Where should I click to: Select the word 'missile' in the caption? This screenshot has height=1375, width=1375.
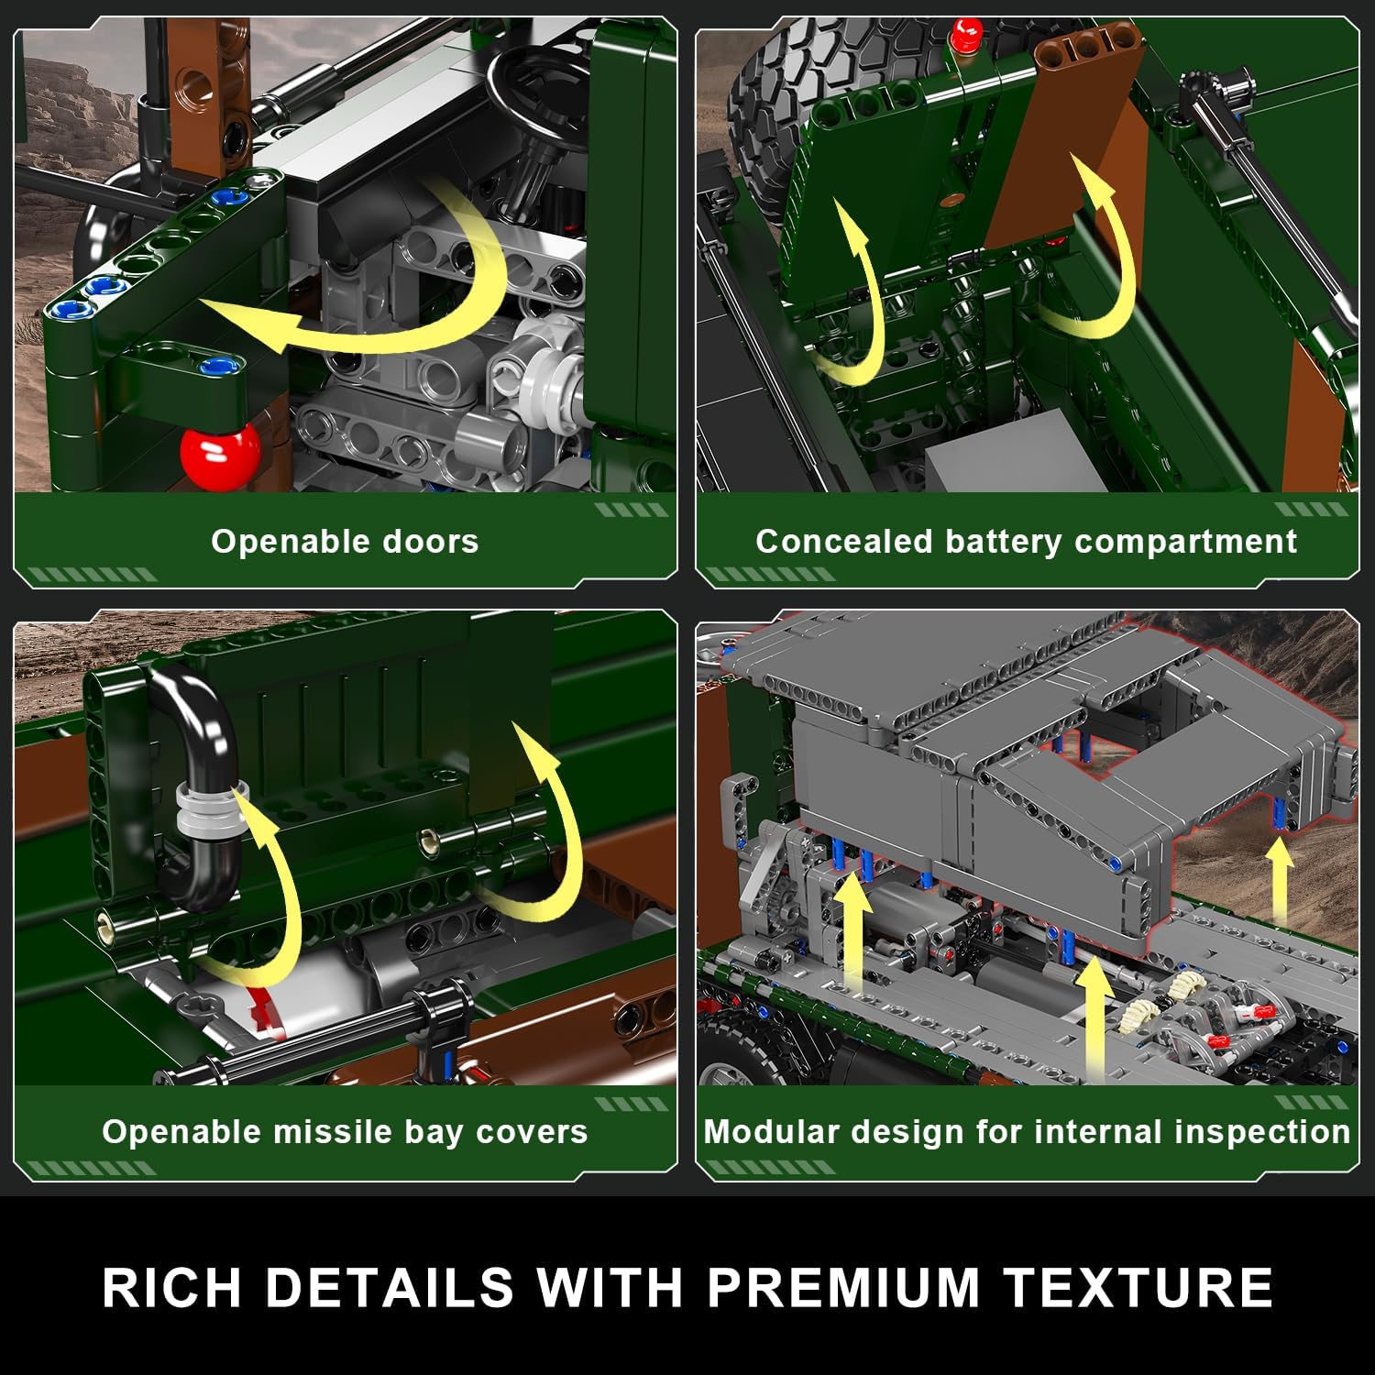(x=333, y=1132)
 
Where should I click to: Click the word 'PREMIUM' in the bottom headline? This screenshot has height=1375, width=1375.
(x=844, y=1287)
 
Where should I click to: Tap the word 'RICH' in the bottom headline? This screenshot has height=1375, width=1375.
(x=172, y=1287)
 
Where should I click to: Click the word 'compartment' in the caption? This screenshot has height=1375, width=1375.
(x=1186, y=542)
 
